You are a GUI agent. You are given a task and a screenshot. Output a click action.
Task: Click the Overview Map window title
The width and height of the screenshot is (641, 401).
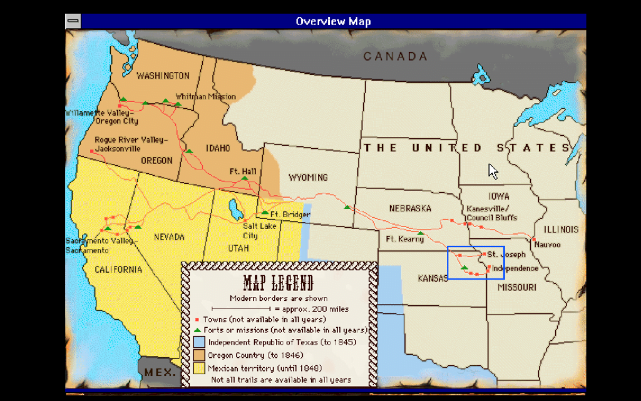pyautogui.click(x=333, y=21)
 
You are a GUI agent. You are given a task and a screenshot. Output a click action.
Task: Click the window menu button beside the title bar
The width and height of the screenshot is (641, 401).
pyautogui.click(x=73, y=21)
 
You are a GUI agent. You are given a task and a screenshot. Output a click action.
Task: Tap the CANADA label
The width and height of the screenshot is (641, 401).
pyautogui.click(x=395, y=56)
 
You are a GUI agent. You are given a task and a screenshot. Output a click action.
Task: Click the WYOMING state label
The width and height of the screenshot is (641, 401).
pyautogui.click(x=307, y=178)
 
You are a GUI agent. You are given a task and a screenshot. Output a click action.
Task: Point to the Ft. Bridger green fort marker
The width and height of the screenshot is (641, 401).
pyautogui.click(x=265, y=213)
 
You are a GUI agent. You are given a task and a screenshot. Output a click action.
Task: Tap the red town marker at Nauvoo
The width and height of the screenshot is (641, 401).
pyautogui.click(x=533, y=240)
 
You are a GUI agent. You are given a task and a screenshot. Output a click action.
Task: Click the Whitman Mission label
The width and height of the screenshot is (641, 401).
pyautogui.click(x=205, y=96)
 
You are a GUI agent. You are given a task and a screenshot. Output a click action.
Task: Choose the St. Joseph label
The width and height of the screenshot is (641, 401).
pyautogui.click(x=506, y=255)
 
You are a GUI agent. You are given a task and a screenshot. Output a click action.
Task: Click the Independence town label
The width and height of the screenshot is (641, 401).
pyautogui.click(x=515, y=268)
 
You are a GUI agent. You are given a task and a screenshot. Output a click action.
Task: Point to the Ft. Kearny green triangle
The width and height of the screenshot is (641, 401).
pyautogui.click(x=421, y=234)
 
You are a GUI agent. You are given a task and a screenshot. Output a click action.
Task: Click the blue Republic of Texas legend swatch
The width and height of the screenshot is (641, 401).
pyautogui.click(x=198, y=342)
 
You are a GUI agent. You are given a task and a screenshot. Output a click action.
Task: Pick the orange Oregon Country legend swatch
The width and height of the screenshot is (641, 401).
pyautogui.click(x=198, y=355)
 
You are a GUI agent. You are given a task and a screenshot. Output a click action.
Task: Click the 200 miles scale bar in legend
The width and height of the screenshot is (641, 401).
pyautogui.click(x=240, y=309)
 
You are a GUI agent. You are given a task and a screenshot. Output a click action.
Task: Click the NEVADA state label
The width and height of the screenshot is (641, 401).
pyautogui.click(x=169, y=237)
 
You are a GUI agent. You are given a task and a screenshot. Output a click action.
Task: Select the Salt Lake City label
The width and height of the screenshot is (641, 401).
pyautogui.click(x=250, y=231)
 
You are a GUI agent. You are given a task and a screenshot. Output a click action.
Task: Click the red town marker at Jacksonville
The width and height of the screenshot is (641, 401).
pyautogui.click(x=92, y=151)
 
